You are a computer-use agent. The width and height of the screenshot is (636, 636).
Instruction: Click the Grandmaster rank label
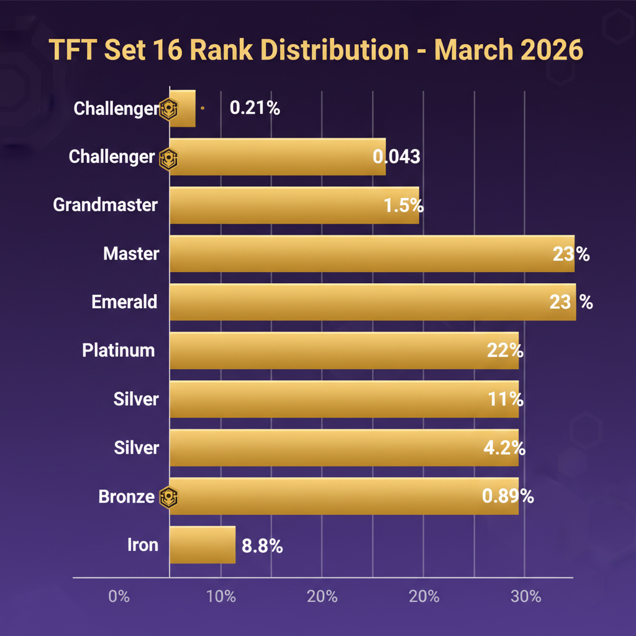click(x=106, y=205)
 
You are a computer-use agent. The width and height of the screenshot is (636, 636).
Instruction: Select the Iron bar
click(x=202, y=545)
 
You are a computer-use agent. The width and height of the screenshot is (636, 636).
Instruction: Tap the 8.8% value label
click(x=262, y=546)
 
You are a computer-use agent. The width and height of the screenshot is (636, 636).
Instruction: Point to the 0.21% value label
click(x=255, y=108)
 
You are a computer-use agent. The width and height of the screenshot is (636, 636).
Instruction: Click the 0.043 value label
click(x=396, y=157)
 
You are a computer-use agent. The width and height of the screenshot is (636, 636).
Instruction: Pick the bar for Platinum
click(x=343, y=351)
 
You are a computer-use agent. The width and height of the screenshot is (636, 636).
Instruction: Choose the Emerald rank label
click(x=124, y=302)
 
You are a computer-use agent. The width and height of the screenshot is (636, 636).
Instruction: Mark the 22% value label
click(x=504, y=351)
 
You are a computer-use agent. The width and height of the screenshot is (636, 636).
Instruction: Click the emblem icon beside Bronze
click(x=168, y=497)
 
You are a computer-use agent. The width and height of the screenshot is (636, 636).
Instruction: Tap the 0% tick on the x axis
click(x=119, y=597)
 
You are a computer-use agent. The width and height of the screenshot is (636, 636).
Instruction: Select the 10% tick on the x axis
click(x=220, y=597)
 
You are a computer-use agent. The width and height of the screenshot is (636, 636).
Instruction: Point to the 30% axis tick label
click(x=525, y=597)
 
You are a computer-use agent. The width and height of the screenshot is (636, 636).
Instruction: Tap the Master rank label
click(x=131, y=253)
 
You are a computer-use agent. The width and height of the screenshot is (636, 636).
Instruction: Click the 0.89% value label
click(x=507, y=496)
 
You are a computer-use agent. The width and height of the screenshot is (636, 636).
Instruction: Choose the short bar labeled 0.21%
click(x=183, y=109)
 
